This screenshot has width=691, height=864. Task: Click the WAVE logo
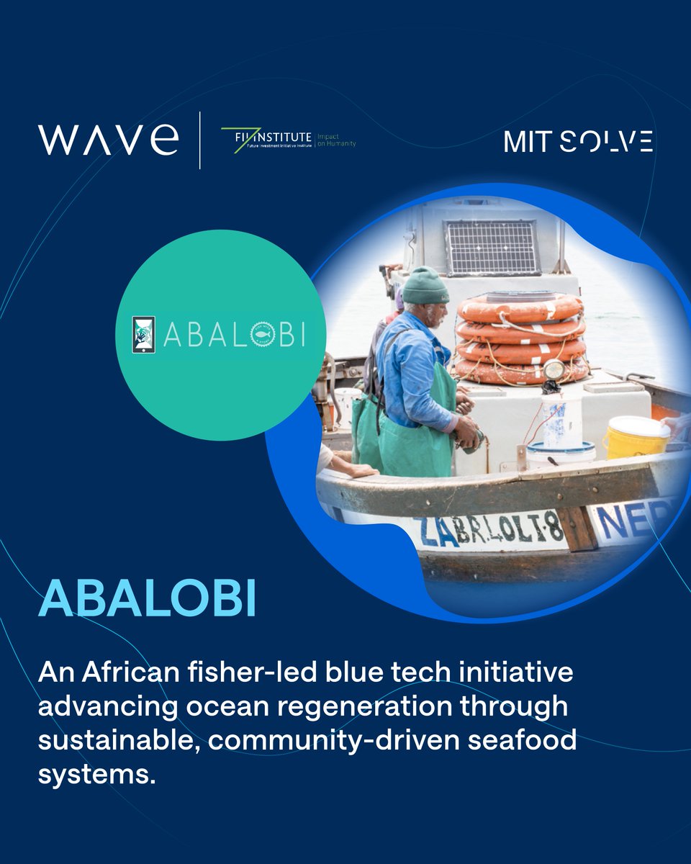click(108, 139)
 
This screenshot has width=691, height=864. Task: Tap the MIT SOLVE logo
click(578, 141)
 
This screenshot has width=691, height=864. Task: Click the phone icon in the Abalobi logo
click(144, 335)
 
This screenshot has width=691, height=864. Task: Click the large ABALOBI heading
click(147, 599)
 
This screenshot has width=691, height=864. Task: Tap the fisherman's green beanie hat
click(425, 287)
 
